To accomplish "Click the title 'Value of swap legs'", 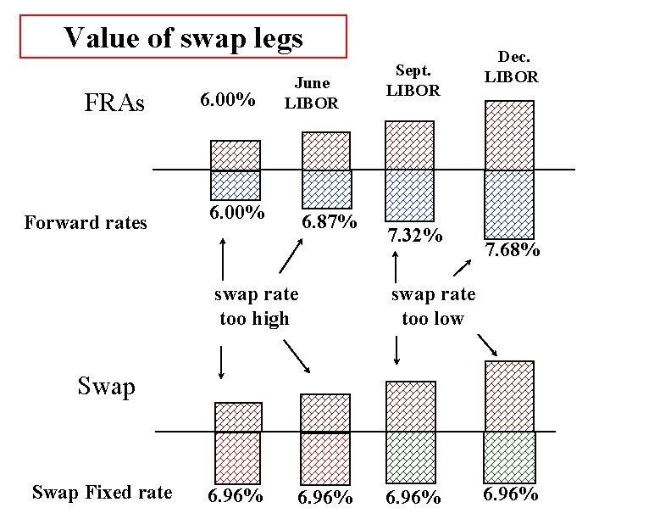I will [x=183, y=36].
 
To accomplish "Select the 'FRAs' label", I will [x=115, y=103].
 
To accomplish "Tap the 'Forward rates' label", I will [x=86, y=223].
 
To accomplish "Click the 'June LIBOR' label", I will [x=311, y=93].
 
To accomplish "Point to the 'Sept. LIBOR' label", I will [x=412, y=81].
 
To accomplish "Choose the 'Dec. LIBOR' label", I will [x=510, y=67].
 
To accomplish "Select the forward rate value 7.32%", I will [x=413, y=234].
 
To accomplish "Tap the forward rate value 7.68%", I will [x=512, y=249].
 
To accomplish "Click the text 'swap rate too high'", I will [x=255, y=306].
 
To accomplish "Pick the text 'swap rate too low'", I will [x=433, y=306].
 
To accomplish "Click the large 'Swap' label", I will [x=107, y=387].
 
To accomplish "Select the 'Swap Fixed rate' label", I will [x=102, y=493].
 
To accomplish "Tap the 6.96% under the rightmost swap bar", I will [x=510, y=494].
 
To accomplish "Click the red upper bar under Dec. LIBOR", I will [x=508, y=135].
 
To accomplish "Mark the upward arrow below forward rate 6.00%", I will [x=223, y=259].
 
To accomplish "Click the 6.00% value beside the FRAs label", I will [x=228, y=101].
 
